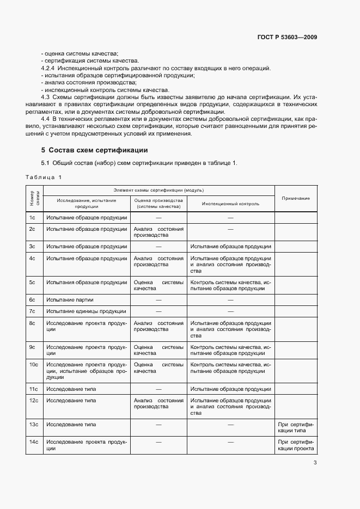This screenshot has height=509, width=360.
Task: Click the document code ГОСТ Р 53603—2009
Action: pos(287,37)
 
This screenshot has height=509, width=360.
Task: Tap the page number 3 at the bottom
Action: pos(315,463)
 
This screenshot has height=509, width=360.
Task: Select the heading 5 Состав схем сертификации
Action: pos(94,150)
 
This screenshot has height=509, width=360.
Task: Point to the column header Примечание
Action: pos(296,198)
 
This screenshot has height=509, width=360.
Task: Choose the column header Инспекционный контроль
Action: pos(230,204)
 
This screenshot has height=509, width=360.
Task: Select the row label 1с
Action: pos(32,217)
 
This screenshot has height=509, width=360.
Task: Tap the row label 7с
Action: pos(32,311)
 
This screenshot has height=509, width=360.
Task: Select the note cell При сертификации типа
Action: pos(296,427)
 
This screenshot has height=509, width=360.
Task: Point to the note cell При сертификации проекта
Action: pos(296,445)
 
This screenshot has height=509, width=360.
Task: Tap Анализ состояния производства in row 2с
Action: pos(158,232)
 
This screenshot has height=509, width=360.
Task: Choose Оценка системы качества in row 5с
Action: pos(158,286)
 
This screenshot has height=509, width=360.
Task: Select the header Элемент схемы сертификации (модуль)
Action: pos(158,190)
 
